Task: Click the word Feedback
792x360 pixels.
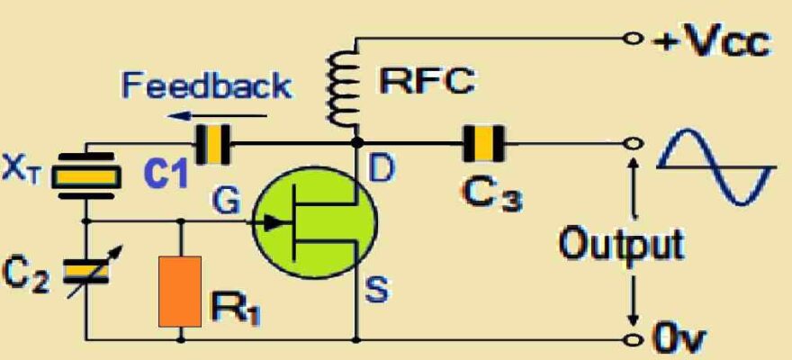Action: coord(207,86)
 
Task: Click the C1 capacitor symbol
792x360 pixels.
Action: coord(213,144)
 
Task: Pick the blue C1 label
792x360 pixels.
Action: coord(166,175)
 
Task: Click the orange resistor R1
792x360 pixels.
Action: coord(179,291)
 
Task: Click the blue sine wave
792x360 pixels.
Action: coord(715,166)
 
